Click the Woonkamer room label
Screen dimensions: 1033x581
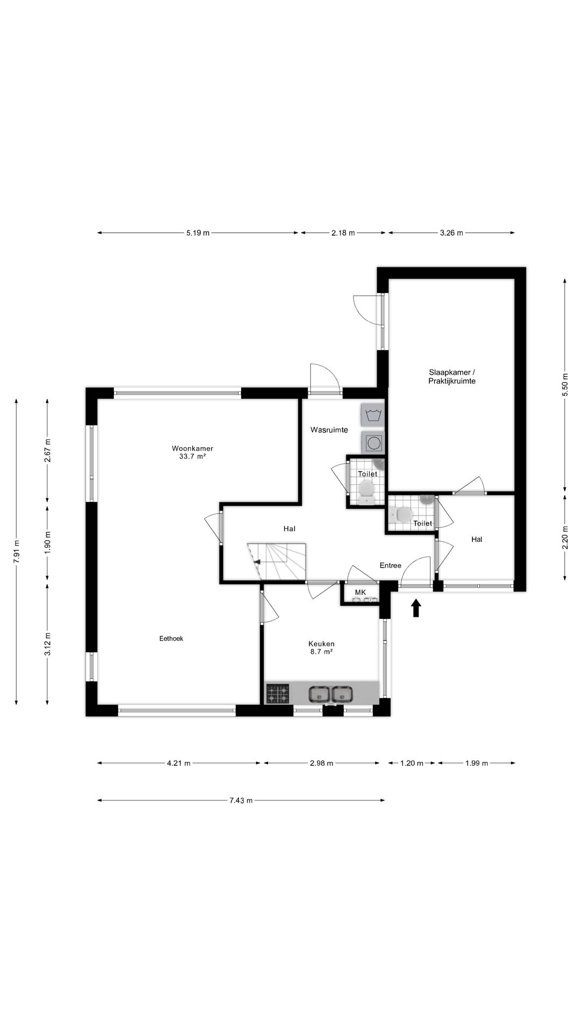point(193,448)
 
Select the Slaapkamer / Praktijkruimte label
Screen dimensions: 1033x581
point(452,377)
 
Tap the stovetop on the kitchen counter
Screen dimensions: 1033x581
point(278,694)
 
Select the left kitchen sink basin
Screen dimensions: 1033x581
point(319,695)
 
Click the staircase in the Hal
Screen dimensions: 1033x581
point(277,561)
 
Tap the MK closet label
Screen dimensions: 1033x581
point(360,592)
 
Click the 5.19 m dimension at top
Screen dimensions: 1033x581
point(197,233)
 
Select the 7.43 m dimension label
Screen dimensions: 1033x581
point(240,801)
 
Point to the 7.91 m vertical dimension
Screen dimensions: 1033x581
point(17,551)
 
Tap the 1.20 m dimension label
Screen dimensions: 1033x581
point(412,763)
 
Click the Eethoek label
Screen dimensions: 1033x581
point(171,639)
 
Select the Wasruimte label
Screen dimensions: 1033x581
point(329,430)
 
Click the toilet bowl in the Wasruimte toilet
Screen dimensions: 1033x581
point(366,489)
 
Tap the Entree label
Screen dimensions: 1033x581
point(390,565)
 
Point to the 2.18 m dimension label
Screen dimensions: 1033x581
point(343,233)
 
